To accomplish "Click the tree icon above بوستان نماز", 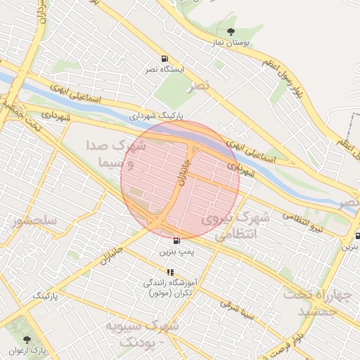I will pos(231,31).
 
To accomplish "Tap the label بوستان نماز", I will pos(231,43).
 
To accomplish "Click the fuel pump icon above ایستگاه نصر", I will pos(164,58).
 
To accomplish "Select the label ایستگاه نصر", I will pos(163,70).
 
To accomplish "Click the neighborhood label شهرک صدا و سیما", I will pos(115,153).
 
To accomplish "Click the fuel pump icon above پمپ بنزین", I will pos(175,240).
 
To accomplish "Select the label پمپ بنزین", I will pos(175,251).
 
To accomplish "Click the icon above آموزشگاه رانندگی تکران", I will pos(170,271).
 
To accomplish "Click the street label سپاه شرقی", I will pos(235,305).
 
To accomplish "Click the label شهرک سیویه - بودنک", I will pos(141,333).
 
